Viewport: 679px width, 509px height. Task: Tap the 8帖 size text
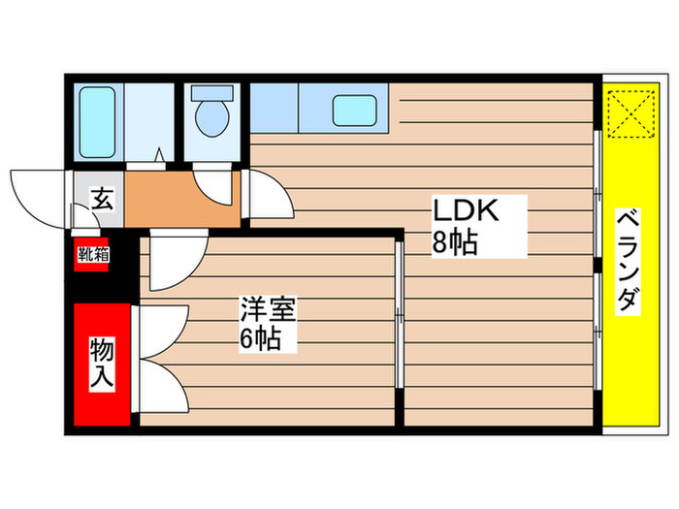tap(454, 242)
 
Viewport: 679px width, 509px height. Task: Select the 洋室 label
tap(268, 311)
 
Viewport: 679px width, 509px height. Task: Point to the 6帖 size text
tap(262, 339)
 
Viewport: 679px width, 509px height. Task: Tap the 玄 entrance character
tap(101, 201)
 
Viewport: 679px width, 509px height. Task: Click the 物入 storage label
tap(102, 364)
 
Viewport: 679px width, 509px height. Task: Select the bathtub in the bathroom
tap(96, 124)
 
